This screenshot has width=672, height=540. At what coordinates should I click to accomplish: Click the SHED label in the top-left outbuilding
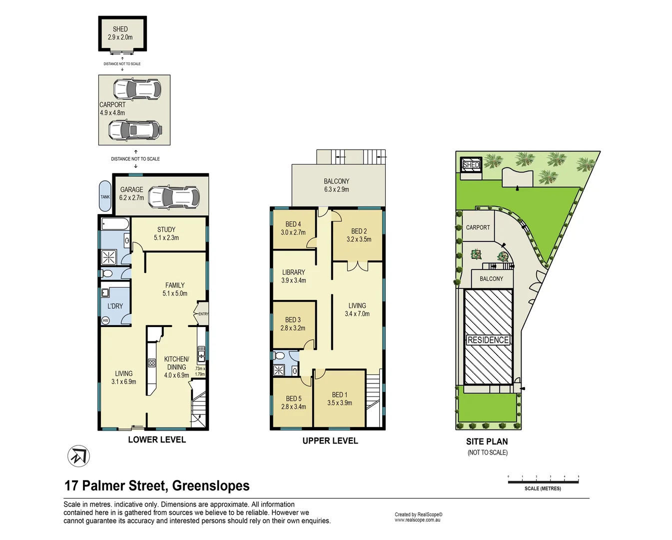coord(120,29)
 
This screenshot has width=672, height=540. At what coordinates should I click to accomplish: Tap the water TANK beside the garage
coord(105,196)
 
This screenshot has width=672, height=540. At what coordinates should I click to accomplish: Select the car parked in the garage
coord(174,197)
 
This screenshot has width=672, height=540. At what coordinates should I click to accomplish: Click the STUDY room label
coord(166,229)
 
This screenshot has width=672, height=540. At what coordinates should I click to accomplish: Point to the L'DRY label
coord(115,306)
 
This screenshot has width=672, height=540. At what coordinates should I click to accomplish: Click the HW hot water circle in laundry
coord(105,320)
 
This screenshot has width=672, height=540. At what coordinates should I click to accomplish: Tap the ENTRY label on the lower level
coord(203,314)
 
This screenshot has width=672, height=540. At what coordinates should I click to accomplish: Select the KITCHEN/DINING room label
coord(176,363)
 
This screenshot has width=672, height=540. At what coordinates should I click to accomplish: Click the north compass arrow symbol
coord(78,456)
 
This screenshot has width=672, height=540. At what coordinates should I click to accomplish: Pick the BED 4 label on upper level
coord(293,224)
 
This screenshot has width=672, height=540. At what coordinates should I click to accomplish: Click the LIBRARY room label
coord(293,272)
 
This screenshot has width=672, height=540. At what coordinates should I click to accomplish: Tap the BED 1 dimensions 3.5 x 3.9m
coord(340,403)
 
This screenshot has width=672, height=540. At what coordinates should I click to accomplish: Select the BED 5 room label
coord(294,398)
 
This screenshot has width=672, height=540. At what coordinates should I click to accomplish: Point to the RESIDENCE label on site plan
coord(488,340)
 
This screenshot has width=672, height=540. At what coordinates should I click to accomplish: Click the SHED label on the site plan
coord(471,165)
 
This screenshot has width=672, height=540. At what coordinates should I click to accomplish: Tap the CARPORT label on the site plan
coord(478,227)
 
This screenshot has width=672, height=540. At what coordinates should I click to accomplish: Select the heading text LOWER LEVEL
coord(157,439)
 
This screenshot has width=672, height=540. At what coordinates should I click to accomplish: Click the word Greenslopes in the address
coord(210,485)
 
